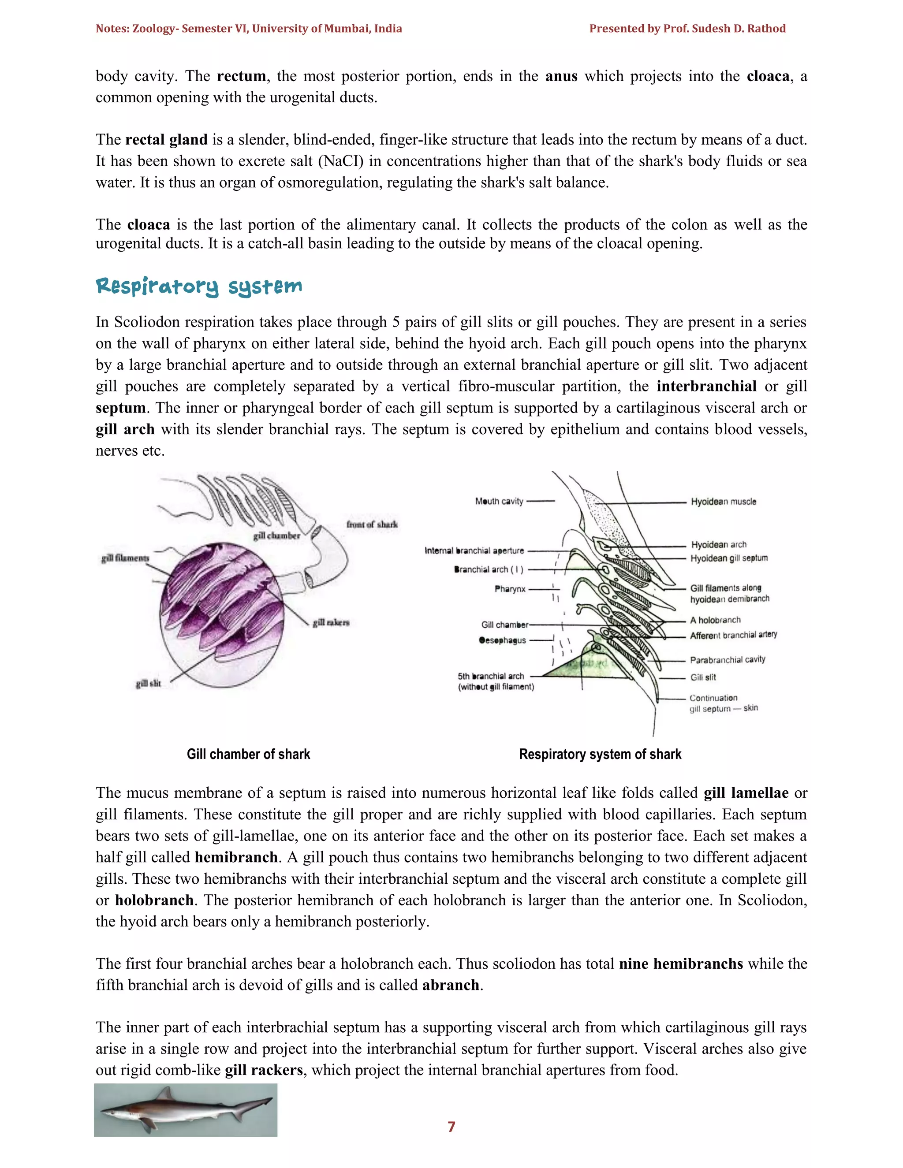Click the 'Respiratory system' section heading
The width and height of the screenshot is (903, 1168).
point(199,287)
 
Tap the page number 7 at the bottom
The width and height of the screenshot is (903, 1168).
point(451,1127)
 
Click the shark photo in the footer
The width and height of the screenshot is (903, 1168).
point(186,1110)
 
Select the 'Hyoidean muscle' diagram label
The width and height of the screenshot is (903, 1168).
point(723,502)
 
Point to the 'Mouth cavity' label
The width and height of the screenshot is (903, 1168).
point(499,501)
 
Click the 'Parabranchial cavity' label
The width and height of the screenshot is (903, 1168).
point(727,659)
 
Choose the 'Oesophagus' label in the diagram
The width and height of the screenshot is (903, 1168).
point(502,640)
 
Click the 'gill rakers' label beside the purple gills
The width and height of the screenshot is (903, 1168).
point(331,622)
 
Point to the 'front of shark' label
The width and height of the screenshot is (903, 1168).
point(372,524)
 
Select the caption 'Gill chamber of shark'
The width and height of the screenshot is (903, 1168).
point(248,754)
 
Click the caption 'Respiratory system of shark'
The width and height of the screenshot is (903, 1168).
point(600,754)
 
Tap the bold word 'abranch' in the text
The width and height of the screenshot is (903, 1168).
point(451,985)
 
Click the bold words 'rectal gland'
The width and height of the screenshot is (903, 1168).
point(166,140)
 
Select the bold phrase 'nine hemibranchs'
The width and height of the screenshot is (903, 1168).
point(680,963)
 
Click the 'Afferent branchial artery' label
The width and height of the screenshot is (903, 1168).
point(733,635)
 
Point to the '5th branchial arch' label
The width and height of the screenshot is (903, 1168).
point(491,676)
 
